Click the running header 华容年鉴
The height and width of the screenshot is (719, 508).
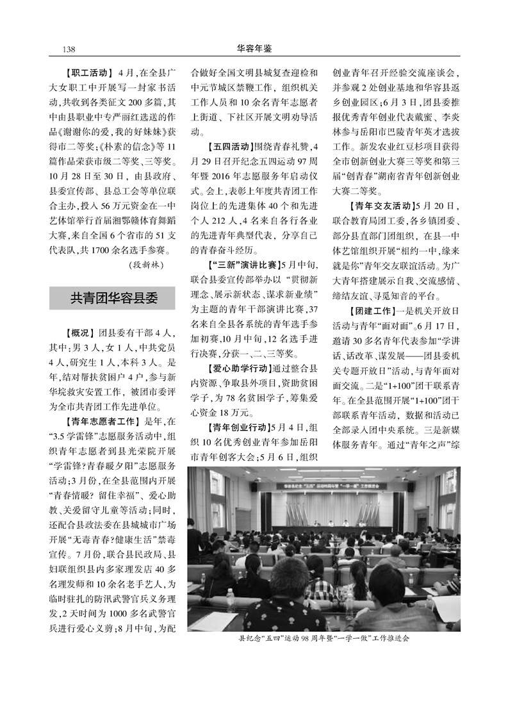pos(254,48)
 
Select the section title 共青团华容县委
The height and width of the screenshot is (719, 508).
pos(113,298)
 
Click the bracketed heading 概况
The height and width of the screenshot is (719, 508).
pos(79,333)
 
